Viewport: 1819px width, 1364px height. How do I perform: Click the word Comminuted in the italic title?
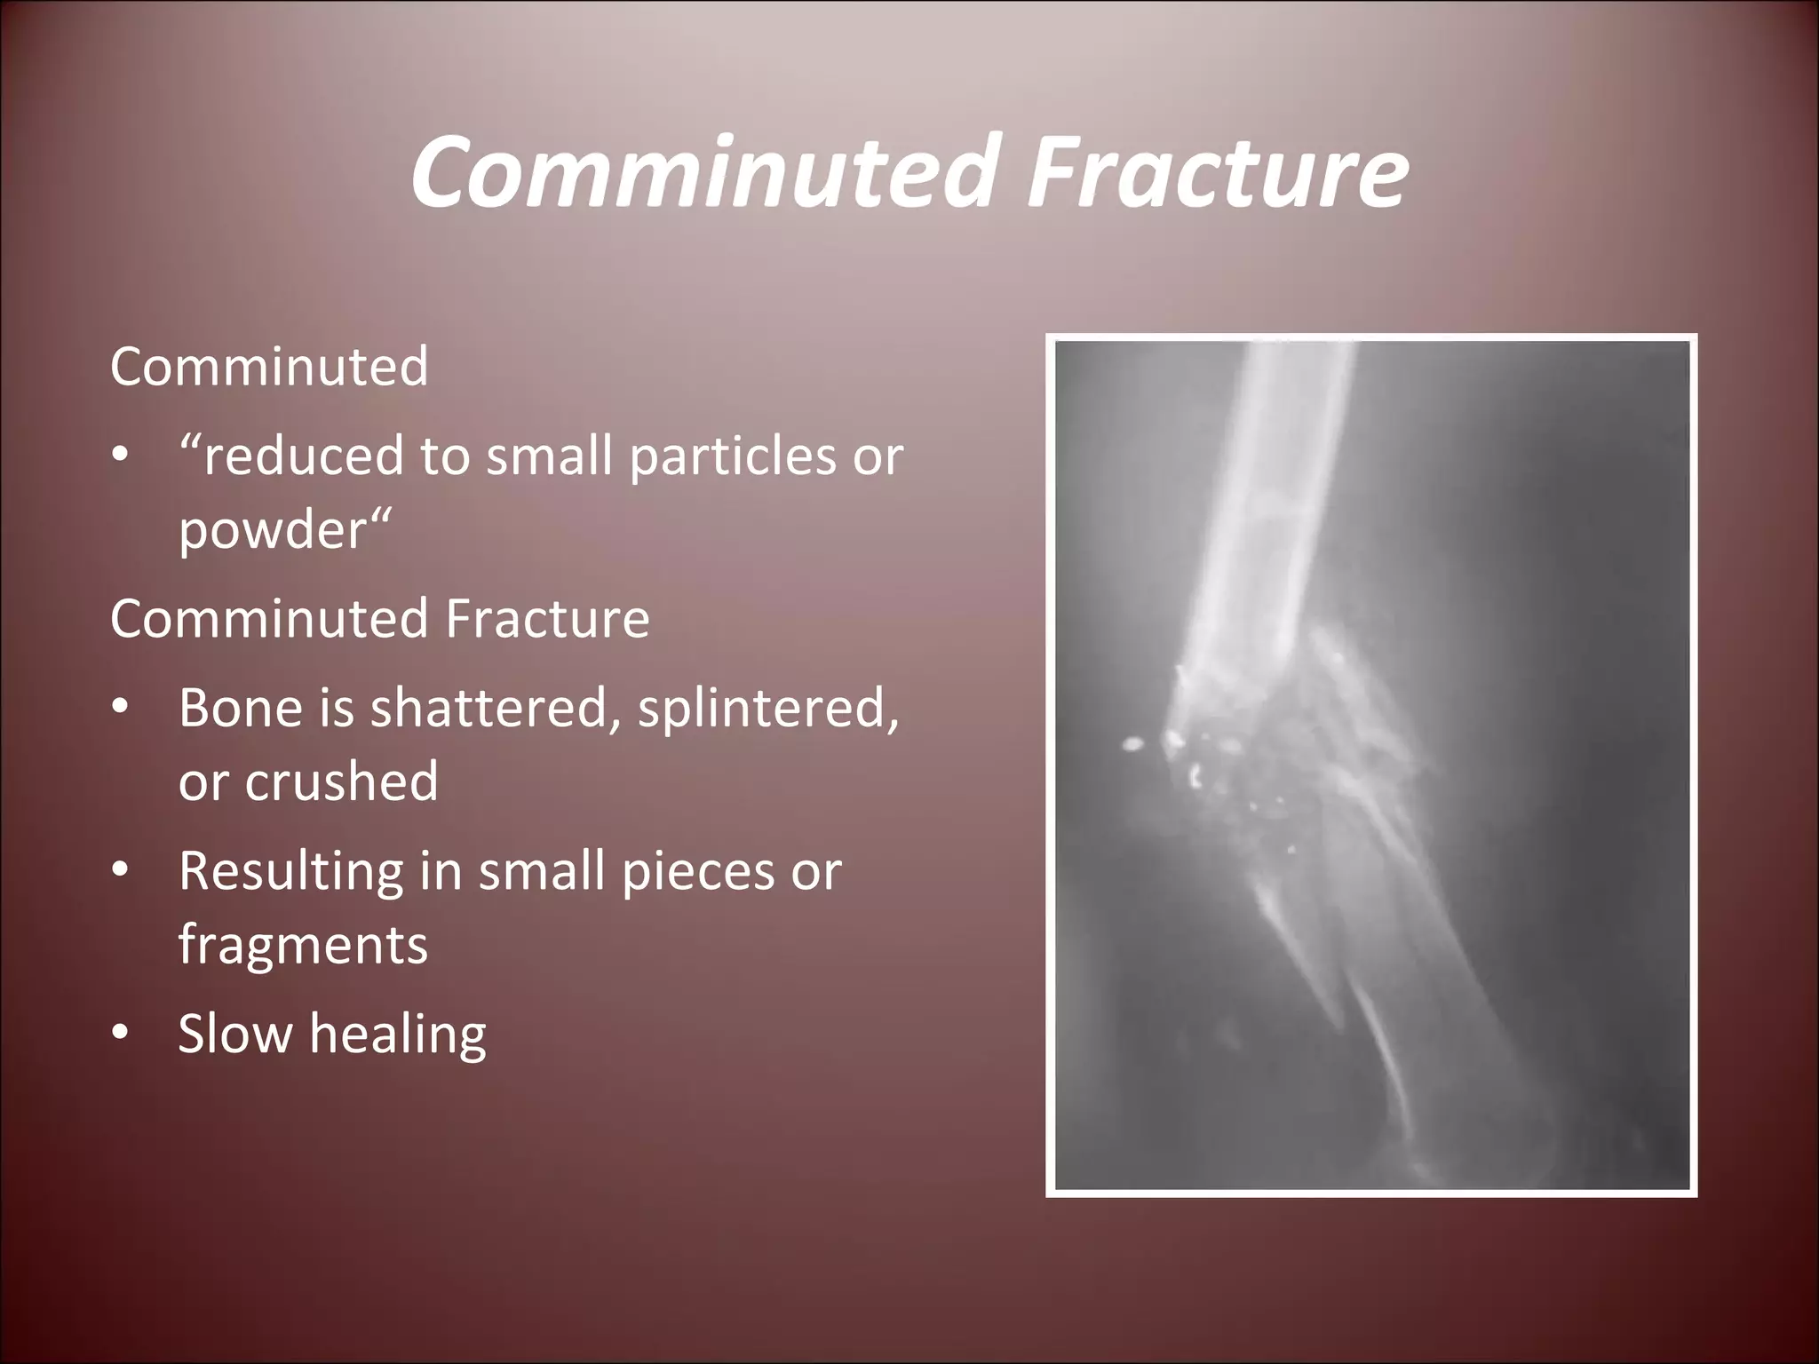coord(700,171)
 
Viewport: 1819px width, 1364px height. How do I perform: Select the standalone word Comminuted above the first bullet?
coord(269,367)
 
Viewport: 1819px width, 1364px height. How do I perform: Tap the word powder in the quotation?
coord(273,530)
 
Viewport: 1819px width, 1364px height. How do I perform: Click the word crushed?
coord(341,781)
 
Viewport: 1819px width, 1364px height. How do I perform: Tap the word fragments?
coord(303,944)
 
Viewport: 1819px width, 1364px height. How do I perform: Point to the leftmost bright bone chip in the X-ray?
coord(1132,744)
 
